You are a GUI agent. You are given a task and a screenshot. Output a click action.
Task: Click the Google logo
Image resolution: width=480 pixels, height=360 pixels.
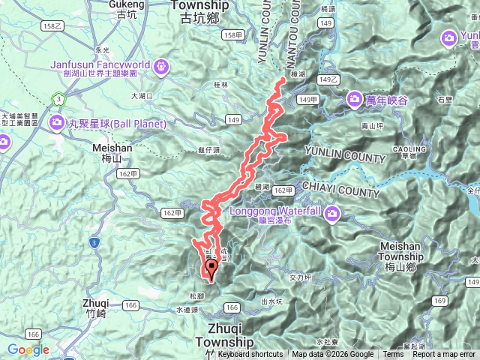(x=28, y=349)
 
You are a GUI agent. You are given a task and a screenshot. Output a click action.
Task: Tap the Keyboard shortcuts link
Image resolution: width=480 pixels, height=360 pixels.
(x=250, y=355)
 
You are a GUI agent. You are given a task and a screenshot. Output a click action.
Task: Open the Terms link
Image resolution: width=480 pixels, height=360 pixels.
(x=392, y=355)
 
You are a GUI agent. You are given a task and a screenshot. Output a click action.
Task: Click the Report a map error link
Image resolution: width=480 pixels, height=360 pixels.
(x=443, y=355)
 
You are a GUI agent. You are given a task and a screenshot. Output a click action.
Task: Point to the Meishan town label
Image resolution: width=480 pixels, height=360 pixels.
(x=112, y=148)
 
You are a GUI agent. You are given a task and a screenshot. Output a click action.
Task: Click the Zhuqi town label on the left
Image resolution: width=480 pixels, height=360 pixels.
(x=97, y=303)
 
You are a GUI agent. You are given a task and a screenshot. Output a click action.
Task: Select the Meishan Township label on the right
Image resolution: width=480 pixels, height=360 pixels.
(x=402, y=251)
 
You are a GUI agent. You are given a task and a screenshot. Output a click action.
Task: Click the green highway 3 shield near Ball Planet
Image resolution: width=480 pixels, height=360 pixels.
(x=58, y=98)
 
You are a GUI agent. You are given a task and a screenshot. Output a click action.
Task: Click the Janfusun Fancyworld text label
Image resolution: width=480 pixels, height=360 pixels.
(x=100, y=64)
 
